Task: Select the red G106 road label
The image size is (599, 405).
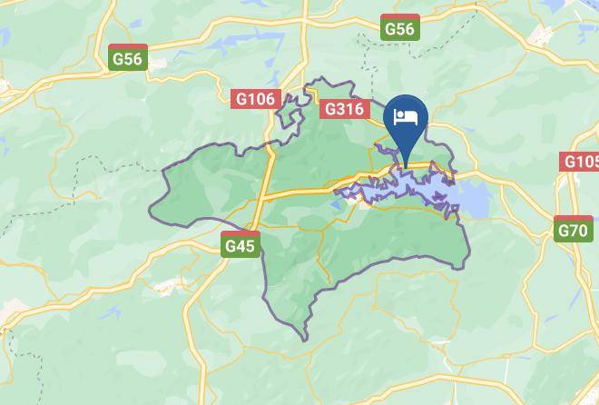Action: coord(255,99)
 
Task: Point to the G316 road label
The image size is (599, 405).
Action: coord(345,109)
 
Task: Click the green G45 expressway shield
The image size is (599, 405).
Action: coord(241,244)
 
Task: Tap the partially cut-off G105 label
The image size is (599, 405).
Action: coord(581,162)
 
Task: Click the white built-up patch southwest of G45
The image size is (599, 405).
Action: coord(168,289)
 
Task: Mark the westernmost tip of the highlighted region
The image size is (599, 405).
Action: coord(150,214)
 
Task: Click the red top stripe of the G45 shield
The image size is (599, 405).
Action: coord(241,235)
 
